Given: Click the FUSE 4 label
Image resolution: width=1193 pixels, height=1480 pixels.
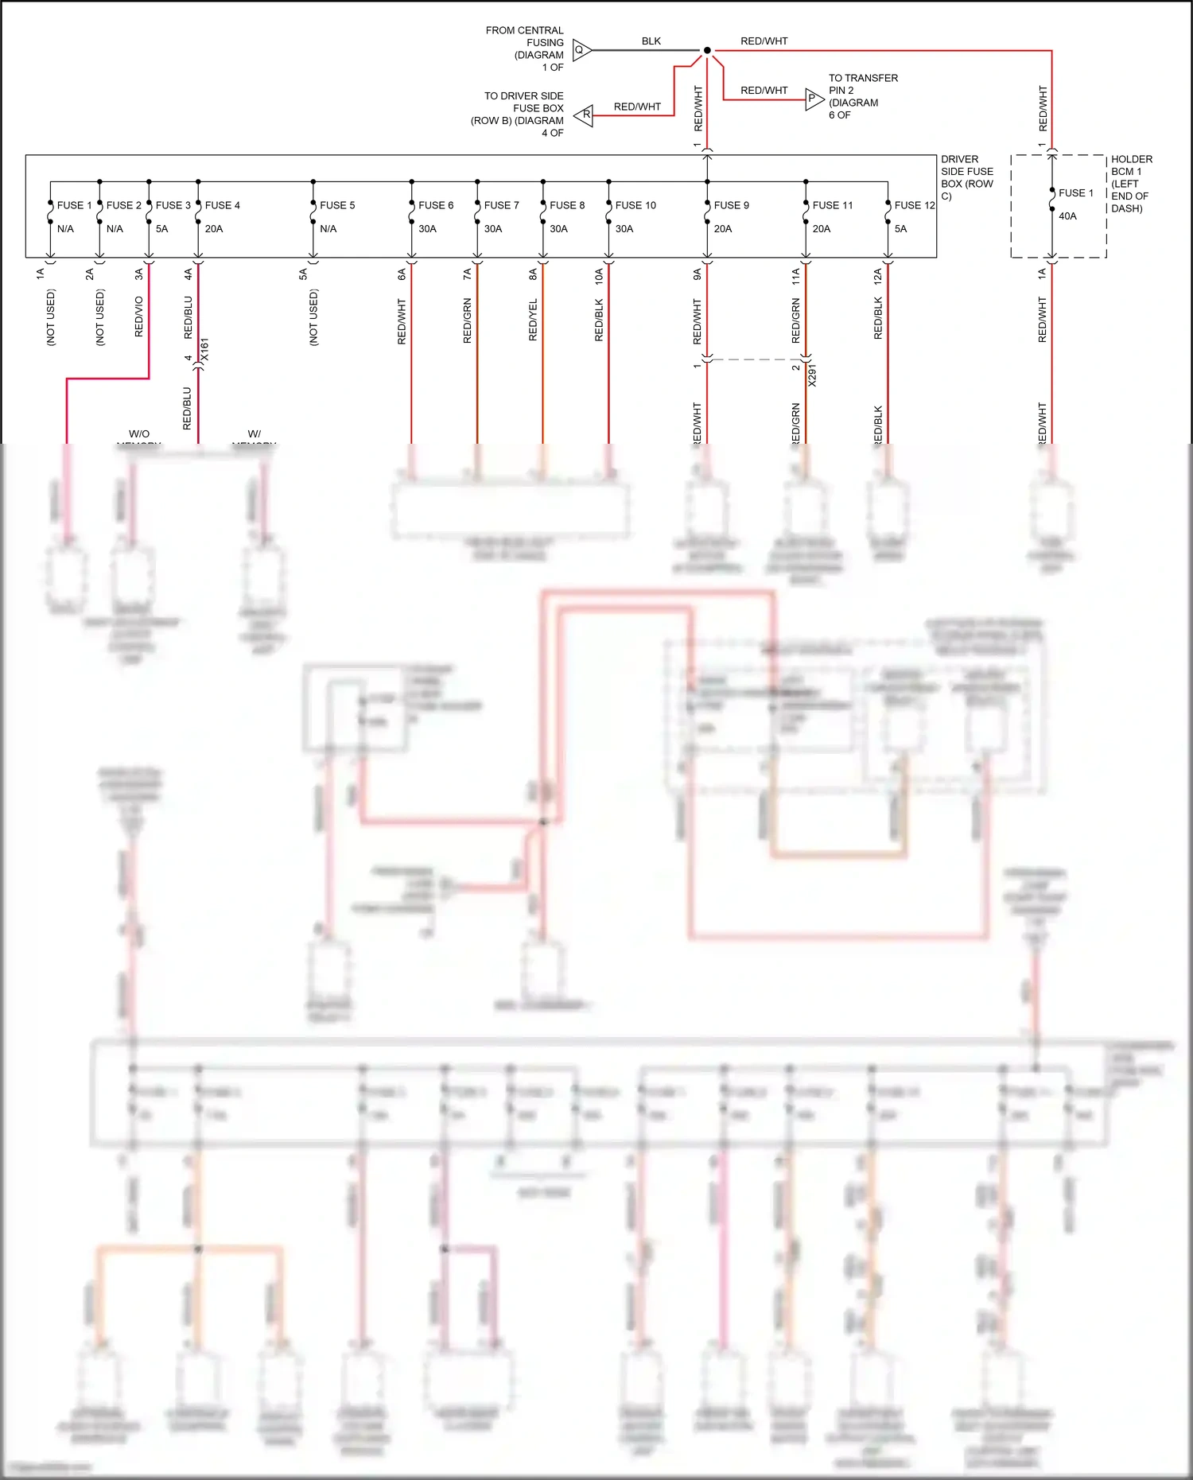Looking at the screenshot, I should point(222,205).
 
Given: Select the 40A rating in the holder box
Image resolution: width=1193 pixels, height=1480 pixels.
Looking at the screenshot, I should point(1067,216).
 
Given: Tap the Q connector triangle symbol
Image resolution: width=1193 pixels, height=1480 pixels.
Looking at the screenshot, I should point(581,50).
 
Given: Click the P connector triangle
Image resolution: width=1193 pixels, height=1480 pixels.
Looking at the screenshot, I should point(814,99).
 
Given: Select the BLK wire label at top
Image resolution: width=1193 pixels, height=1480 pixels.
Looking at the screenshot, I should point(651,41).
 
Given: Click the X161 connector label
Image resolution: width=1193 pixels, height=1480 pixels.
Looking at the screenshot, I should point(204,350).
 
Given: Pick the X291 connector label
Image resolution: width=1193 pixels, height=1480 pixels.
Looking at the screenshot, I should point(812,375).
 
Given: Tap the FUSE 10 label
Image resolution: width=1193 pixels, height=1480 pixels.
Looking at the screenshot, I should point(635,205).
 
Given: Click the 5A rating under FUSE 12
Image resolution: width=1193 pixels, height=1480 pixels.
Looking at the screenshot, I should point(900,229).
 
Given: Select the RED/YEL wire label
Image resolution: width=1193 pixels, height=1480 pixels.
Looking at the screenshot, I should point(534,320).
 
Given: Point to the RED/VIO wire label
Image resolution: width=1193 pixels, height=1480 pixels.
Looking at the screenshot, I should point(139,317).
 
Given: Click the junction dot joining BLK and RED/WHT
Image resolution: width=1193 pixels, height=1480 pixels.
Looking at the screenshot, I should point(707,51).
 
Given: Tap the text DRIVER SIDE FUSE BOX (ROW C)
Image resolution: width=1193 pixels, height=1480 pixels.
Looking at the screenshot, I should point(966,177).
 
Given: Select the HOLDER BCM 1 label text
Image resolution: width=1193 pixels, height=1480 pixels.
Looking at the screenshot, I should point(1130,184).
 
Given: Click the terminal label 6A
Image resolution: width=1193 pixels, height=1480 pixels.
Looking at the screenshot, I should point(402,274).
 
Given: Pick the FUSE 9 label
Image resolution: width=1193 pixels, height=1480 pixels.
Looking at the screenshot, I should point(731,205).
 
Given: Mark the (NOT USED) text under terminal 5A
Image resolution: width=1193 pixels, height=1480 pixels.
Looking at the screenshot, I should point(313,317).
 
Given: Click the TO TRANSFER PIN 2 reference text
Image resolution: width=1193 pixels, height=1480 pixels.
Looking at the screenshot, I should point(862,96).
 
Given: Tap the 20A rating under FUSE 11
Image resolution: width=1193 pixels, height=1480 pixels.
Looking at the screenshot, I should point(821,229).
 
